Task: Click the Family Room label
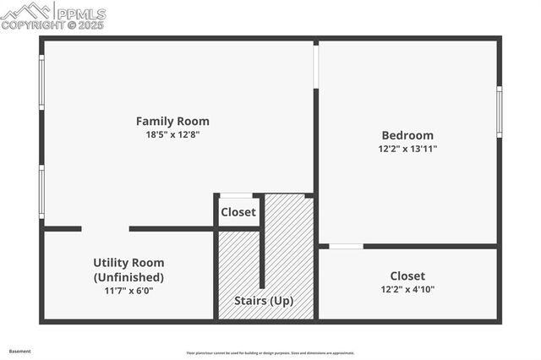[172, 121]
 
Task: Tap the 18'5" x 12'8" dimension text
[172, 134]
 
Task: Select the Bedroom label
[407, 135]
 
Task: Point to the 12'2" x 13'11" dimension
[407, 149]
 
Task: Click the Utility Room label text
[128, 263]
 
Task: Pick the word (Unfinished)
[128, 277]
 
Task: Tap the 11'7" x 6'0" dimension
[128, 291]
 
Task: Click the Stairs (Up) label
[264, 301]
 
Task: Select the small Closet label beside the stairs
[238, 212]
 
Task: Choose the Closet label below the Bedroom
[407, 275]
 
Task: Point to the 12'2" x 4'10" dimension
[407, 290]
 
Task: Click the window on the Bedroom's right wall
[499, 112]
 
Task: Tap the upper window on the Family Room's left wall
[41, 82]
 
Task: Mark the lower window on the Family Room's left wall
[41, 192]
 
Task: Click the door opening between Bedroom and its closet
[346, 246]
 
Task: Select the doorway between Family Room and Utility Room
[105, 228]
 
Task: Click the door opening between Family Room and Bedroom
[316, 66]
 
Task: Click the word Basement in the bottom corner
[19, 351]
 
